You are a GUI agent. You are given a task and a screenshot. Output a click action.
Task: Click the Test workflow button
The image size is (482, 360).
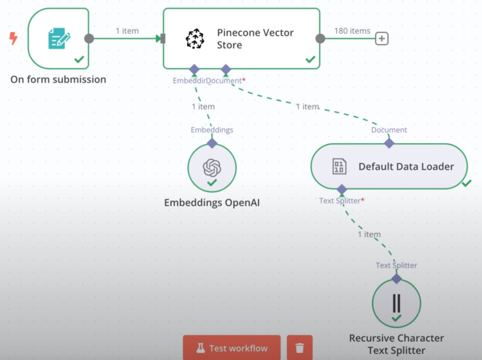(232, 348)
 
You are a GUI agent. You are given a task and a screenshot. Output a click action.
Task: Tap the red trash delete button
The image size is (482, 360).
(299, 348)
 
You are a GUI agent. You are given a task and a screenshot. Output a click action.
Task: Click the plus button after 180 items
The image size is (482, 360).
(381, 39)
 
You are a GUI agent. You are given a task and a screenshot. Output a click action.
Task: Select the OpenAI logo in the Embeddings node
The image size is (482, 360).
(212, 167)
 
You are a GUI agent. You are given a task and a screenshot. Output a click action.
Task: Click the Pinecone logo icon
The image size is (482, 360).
(195, 39)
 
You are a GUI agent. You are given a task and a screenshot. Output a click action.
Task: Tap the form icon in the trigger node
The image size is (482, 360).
(58, 38)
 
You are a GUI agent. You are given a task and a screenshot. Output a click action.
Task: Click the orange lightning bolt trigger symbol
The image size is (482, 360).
(13, 38)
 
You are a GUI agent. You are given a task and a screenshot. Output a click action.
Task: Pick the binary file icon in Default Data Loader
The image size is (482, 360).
(339, 167)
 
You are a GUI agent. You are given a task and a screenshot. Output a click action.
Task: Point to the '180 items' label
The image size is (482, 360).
(352, 31)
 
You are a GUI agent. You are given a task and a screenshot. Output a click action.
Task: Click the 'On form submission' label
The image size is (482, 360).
(58, 80)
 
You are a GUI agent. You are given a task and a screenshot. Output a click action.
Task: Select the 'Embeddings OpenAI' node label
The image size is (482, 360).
(212, 203)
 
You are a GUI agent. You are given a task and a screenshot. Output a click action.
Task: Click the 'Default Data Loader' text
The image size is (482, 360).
(406, 167)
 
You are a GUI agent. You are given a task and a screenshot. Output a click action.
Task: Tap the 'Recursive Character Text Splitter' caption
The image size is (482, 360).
(396, 344)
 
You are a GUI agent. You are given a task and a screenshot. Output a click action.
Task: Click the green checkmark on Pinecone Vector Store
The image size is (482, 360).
(310, 59)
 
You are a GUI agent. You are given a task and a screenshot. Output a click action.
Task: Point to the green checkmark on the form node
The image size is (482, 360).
(79, 59)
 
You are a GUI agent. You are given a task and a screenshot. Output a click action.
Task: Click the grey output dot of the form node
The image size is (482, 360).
(89, 38)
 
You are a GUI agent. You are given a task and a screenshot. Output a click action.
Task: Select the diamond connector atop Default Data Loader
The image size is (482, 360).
(389, 143)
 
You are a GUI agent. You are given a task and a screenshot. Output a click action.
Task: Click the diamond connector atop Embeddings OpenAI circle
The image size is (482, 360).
(212, 143)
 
